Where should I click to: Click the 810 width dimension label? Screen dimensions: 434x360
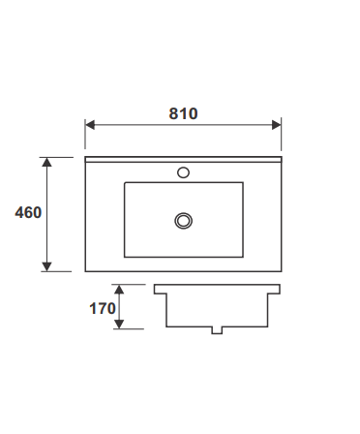(x=183, y=113)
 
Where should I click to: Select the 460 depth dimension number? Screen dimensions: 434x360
(x=28, y=212)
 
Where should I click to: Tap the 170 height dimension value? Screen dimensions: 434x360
(x=102, y=309)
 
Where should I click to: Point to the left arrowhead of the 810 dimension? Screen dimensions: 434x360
(x=89, y=124)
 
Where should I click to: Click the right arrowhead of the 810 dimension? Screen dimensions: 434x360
(x=277, y=124)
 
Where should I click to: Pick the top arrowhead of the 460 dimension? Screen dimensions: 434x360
(x=46, y=162)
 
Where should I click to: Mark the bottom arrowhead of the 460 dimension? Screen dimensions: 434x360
(x=46, y=266)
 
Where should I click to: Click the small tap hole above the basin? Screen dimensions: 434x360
(x=183, y=174)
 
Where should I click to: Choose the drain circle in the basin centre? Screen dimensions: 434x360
(x=183, y=221)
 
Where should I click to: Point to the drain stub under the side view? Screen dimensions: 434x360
(x=217, y=330)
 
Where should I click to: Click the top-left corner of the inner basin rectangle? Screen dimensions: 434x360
(x=125, y=183)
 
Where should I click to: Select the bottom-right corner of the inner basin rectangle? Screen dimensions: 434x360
(x=242, y=257)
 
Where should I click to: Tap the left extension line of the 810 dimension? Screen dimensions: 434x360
(x=85, y=136)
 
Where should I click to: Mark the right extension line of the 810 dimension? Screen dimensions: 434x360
(x=282, y=136)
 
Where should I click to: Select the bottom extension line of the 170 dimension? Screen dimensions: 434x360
(x=131, y=329)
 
